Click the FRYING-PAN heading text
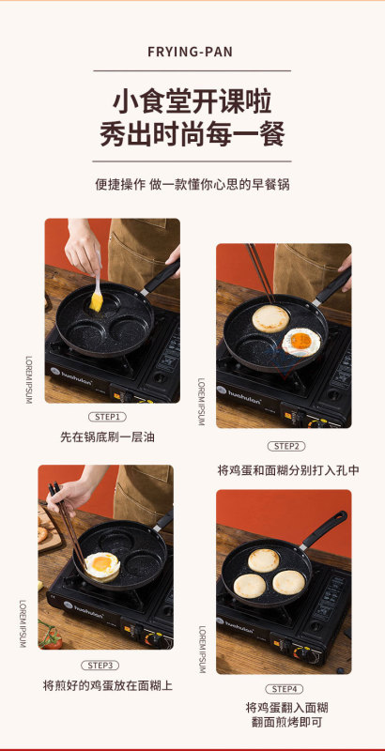click(190, 52)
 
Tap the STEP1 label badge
click(107, 417)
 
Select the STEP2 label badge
click(285, 446)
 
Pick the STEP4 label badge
click(285, 689)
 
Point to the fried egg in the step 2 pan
click(300, 342)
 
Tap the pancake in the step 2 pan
click(270, 318)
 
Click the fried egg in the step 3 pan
click(102, 566)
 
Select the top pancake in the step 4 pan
click(263, 560)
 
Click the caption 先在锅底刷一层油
click(107, 437)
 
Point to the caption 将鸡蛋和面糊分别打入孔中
click(288, 470)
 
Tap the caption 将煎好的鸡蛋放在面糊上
click(108, 685)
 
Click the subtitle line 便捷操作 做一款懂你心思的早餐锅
click(192, 184)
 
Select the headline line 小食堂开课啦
click(192, 102)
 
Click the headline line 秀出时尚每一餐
click(192, 134)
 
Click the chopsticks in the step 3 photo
click(67, 525)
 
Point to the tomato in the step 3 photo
click(52, 640)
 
